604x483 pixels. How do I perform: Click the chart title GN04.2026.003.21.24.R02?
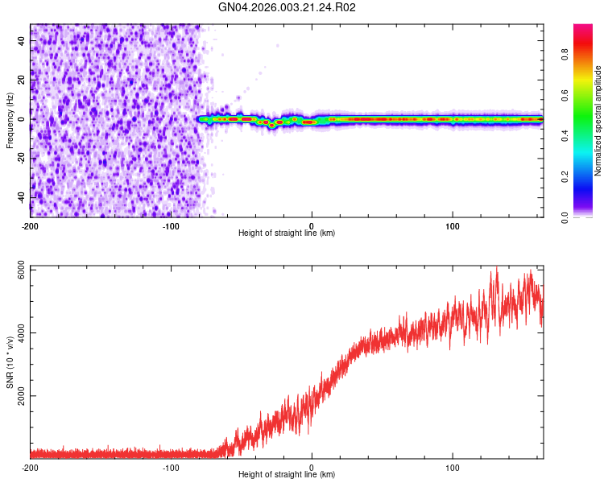click(x=288, y=8)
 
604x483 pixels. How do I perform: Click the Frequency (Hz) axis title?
click(x=10, y=120)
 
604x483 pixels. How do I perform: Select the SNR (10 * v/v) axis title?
click(x=10, y=361)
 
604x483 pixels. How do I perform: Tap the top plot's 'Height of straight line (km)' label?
click(x=287, y=233)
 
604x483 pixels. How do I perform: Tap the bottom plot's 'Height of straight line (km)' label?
click(x=287, y=474)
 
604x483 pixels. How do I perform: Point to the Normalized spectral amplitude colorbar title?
click(x=598, y=121)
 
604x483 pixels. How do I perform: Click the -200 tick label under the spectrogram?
click(x=31, y=225)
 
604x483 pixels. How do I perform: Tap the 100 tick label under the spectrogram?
click(x=453, y=225)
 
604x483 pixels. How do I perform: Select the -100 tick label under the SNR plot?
click(x=171, y=467)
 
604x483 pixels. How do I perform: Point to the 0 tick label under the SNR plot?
click(x=312, y=467)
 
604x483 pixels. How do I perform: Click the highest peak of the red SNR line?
click(x=496, y=267)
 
